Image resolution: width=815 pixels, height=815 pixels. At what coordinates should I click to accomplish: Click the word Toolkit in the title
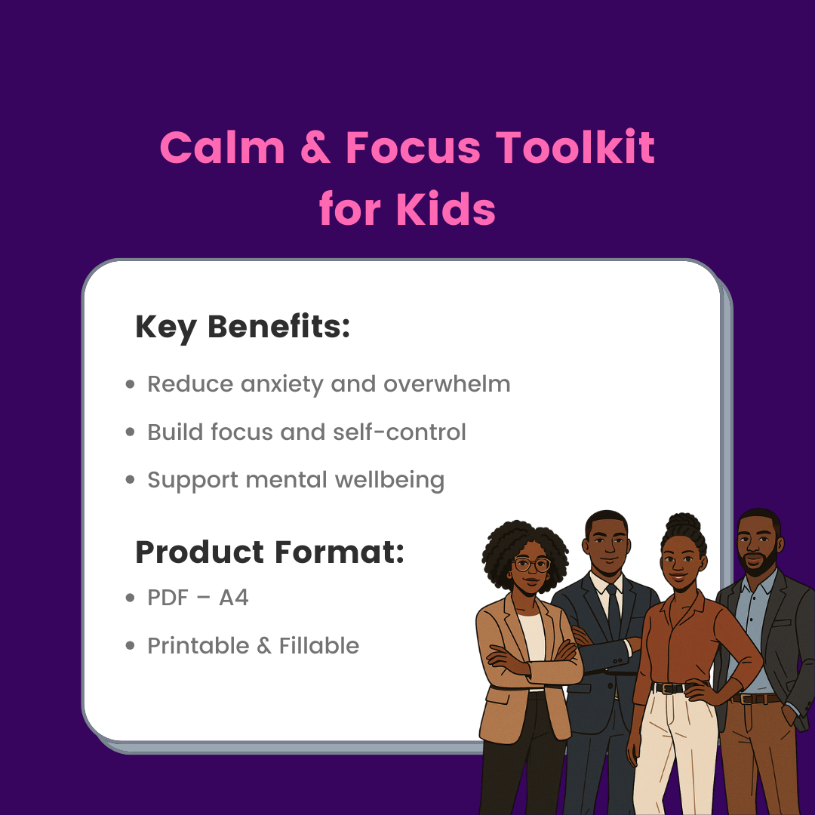click(x=574, y=147)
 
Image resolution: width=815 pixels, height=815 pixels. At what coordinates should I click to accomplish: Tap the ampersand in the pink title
click(x=315, y=148)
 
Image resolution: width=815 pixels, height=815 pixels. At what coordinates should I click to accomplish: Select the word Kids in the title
click(x=445, y=208)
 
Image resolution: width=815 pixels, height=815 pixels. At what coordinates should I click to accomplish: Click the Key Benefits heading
click(x=243, y=328)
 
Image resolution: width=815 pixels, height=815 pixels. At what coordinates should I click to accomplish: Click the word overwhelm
click(x=447, y=384)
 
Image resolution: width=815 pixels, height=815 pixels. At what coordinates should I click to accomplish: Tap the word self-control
click(x=399, y=432)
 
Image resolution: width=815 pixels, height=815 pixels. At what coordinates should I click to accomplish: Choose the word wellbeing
click(x=390, y=481)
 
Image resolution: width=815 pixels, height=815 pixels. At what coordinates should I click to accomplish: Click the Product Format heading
click(x=269, y=552)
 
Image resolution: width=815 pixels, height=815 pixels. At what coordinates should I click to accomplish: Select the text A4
click(x=233, y=598)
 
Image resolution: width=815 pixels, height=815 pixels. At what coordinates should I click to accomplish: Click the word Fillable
click(x=319, y=645)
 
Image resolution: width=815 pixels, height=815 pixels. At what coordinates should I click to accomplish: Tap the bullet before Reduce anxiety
click(x=130, y=385)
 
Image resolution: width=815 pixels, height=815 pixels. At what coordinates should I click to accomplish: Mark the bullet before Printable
click(x=130, y=646)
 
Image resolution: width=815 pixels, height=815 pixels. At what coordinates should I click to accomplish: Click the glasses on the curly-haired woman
click(x=531, y=564)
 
